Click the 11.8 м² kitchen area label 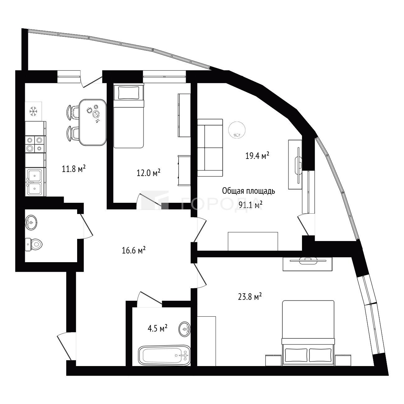[74, 169]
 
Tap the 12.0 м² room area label [149, 173]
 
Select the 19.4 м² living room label [257, 156]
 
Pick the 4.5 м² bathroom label [157, 328]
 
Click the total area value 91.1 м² [251, 205]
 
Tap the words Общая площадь [248, 191]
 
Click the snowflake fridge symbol [33, 111]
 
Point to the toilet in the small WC [34, 244]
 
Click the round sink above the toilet [31, 222]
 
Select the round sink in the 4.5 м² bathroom [185, 329]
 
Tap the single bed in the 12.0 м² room [129, 115]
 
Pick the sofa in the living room [210, 148]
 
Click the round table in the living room [237, 130]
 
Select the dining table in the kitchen [92, 122]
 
